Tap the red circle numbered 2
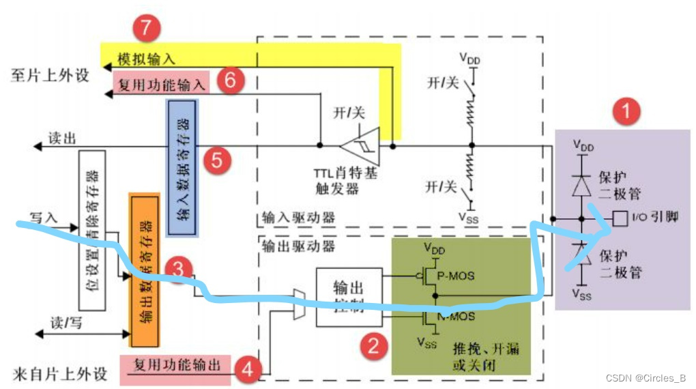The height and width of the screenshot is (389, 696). pos(373,346)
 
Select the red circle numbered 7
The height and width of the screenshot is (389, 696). pos(146,29)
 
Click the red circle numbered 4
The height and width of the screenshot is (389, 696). pos(247,371)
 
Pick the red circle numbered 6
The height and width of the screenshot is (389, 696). pos(230,81)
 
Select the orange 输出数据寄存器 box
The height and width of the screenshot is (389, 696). pos(144,270)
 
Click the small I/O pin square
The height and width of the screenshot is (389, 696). pos(619,219)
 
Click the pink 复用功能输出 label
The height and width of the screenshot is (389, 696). pos(177,365)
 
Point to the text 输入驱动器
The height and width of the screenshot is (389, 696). pos(299,218)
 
